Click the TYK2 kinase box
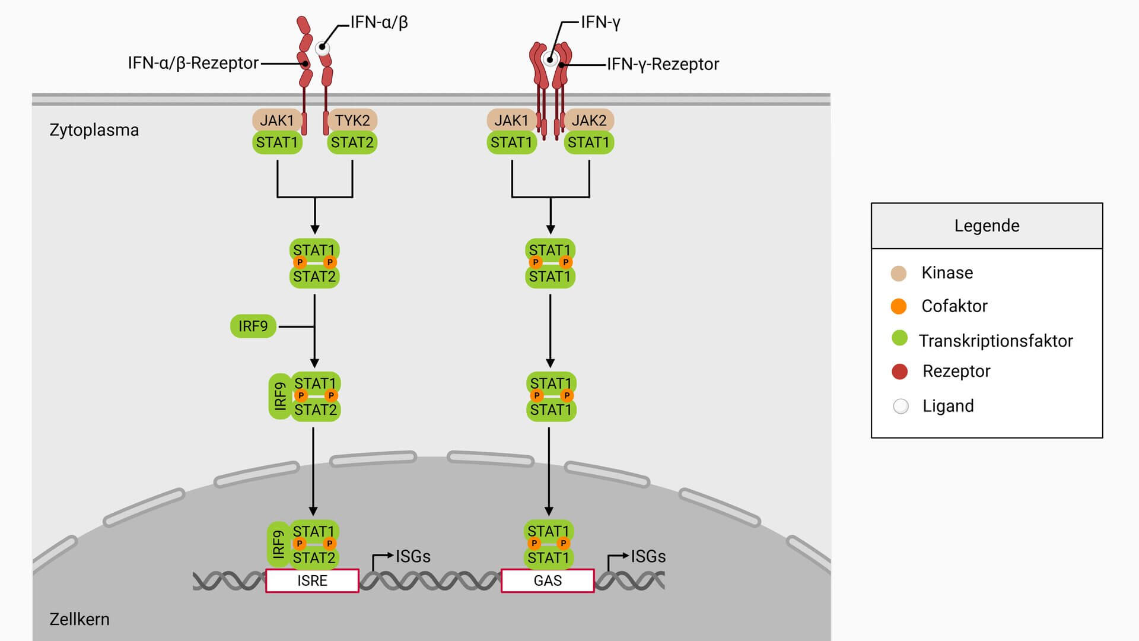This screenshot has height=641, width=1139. [352, 120]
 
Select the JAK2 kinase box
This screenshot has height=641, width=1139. [588, 120]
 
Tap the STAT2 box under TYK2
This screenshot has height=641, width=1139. [352, 142]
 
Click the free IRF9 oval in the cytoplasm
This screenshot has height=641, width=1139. [253, 326]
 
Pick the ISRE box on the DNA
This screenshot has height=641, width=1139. [312, 580]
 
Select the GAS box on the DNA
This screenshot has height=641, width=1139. [548, 580]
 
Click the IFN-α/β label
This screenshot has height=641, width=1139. [379, 23]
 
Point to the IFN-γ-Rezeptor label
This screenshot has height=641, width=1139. [663, 64]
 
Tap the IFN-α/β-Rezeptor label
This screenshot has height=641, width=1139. [193, 63]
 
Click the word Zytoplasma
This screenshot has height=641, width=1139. [94, 130]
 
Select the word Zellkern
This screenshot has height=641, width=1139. [79, 619]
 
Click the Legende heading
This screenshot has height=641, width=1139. [987, 226]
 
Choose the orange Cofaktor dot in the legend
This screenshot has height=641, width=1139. [899, 306]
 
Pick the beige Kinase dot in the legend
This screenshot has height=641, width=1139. [899, 273]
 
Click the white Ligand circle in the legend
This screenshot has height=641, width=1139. [901, 407]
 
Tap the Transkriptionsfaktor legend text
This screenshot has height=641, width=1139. [995, 341]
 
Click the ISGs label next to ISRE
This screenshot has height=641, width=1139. [413, 557]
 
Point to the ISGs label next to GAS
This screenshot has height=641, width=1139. [648, 557]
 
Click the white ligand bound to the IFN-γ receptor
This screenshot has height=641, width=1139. [551, 59]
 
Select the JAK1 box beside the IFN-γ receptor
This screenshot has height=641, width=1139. [511, 120]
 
